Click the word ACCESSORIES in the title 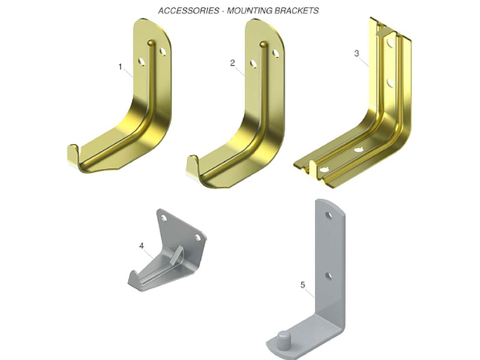coord(188,11)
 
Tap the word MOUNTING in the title coord(250,11)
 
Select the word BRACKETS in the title coord(296,11)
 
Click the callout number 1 coord(121,67)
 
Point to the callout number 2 coord(232,63)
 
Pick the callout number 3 coord(356,53)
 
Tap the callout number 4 coord(142,246)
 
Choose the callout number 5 coord(302,285)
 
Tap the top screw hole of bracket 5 coord(329,215)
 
